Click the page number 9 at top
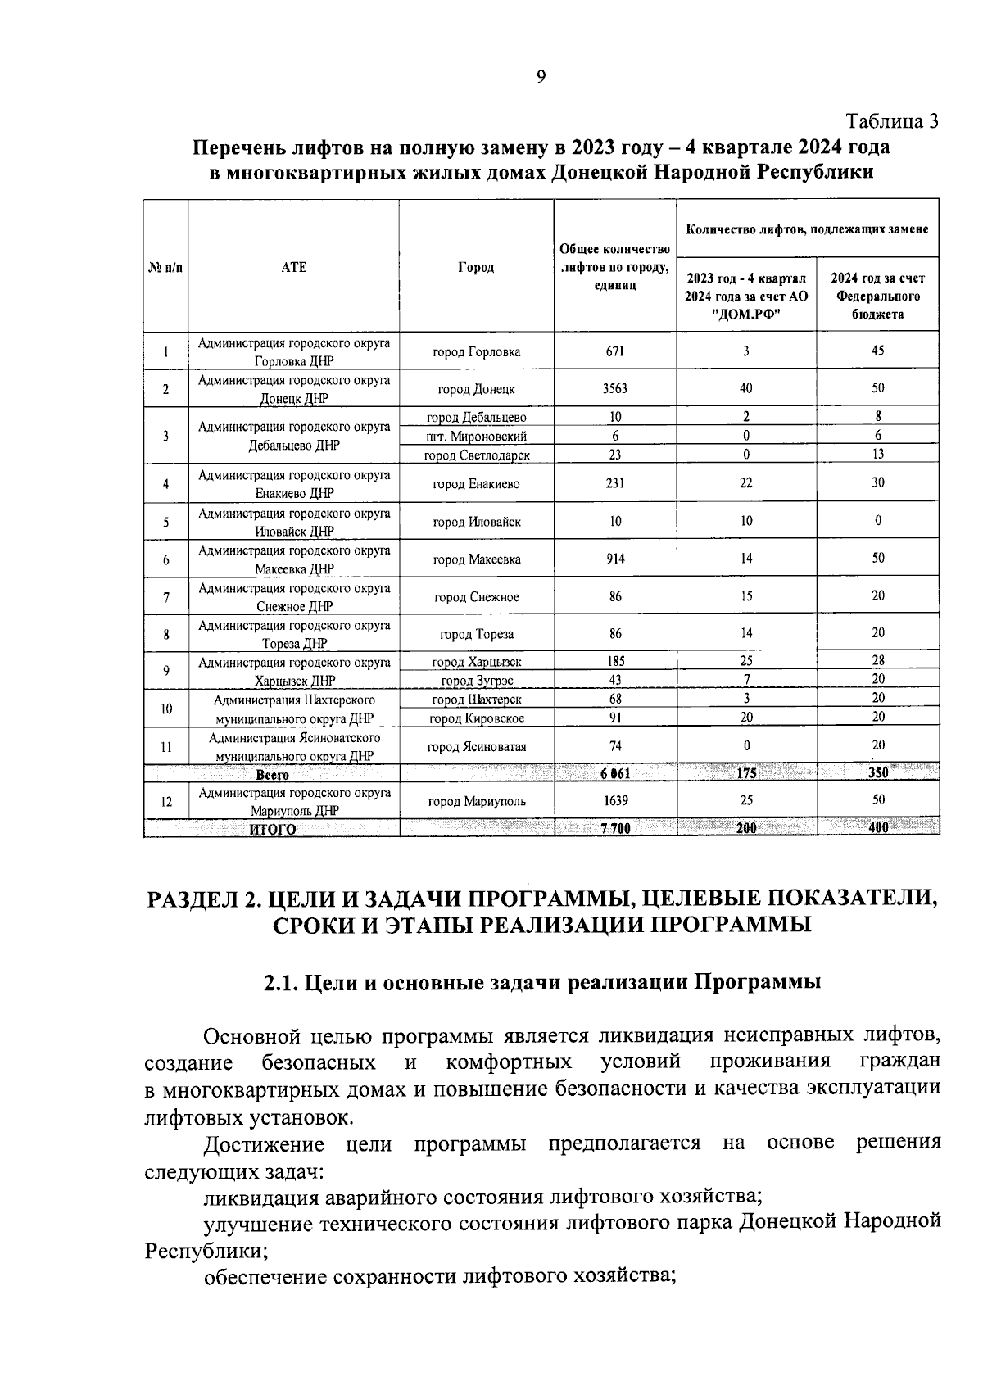(x=540, y=78)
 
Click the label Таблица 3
(x=892, y=122)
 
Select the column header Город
(x=476, y=267)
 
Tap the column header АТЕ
(x=293, y=267)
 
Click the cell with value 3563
(x=615, y=389)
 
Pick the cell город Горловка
(x=476, y=352)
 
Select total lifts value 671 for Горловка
(x=615, y=351)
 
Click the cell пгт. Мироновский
(x=476, y=437)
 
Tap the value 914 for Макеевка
(x=615, y=559)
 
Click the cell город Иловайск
(x=476, y=522)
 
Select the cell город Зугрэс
(x=476, y=681)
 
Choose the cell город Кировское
(x=476, y=718)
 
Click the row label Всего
(x=272, y=774)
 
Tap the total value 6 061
(x=615, y=773)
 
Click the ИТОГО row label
(x=272, y=829)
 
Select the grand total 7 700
(x=615, y=828)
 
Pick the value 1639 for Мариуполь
(x=615, y=800)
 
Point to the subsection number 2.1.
(x=280, y=982)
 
